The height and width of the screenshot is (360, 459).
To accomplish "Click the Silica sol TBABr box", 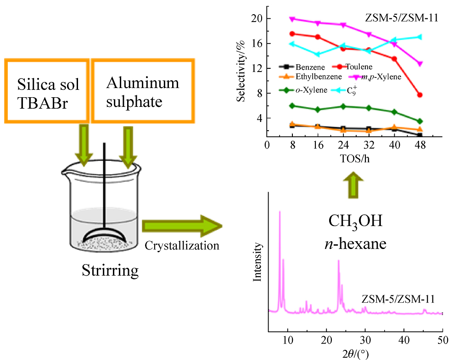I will pyautogui.click(x=48, y=90).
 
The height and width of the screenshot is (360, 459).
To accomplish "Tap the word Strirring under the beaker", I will pyautogui.click(x=110, y=270).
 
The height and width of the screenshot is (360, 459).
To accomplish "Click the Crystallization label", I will pyautogui.click(x=182, y=245).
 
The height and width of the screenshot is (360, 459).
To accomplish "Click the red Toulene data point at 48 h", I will pyautogui.click(x=420, y=95).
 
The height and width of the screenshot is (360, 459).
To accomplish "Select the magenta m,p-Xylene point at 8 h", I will pyautogui.click(x=292, y=19).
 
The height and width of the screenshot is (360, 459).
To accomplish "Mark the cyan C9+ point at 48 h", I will pyautogui.click(x=420, y=37).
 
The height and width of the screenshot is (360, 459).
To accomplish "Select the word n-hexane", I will pyautogui.click(x=356, y=243).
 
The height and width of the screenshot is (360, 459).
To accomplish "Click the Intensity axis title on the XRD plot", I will pyautogui.click(x=258, y=262).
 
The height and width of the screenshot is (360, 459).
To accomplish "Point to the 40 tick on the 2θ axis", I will pyautogui.click(x=403, y=341).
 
